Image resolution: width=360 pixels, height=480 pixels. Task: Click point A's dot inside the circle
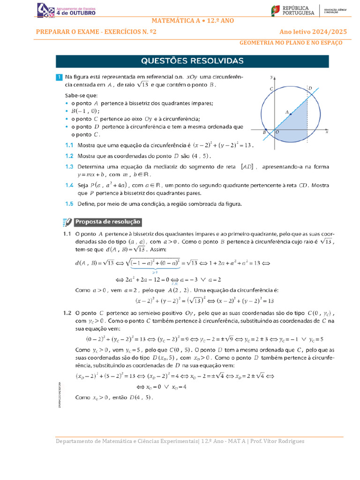(291, 114)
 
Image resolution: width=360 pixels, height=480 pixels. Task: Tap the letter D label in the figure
(310, 88)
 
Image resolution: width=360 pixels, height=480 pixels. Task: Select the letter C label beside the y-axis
(271, 89)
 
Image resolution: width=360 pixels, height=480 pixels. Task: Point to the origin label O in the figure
(277, 133)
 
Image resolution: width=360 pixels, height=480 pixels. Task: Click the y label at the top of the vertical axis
(271, 76)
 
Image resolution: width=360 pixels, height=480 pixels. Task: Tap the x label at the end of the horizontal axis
(326, 133)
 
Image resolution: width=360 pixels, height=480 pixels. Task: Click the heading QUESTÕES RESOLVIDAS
(193, 61)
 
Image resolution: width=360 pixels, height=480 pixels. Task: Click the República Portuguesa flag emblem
(276, 10)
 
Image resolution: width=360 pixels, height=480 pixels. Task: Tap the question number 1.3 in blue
(69, 166)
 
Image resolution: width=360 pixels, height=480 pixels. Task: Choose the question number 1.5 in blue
(69, 203)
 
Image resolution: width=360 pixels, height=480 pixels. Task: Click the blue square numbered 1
(59, 77)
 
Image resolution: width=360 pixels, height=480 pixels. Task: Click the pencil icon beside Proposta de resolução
(67, 222)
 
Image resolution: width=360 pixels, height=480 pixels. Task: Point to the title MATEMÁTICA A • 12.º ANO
(193, 21)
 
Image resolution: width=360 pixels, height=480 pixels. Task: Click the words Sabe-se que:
(82, 95)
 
